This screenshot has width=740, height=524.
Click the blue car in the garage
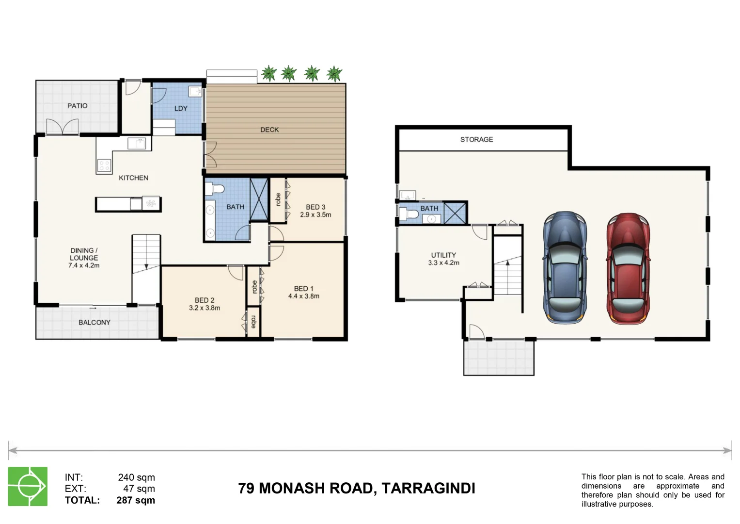tap(565, 267)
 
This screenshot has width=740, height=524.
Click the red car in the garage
tap(628, 268)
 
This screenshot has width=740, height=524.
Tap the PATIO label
tap(78, 106)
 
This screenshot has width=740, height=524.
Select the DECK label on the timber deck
tap(269, 130)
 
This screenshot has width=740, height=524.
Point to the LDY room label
tap(181, 108)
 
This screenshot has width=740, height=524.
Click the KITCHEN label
tap(134, 178)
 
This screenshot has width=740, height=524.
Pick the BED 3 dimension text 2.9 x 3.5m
tap(315, 214)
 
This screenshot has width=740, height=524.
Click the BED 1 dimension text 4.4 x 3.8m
tap(304, 296)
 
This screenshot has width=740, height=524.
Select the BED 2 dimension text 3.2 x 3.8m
tap(205, 308)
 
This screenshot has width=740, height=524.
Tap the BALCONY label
tap(94, 322)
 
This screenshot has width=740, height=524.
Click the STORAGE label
tap(476, 139)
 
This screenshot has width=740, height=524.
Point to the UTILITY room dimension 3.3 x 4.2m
tap(443, 262)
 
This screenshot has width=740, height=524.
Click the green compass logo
tap(28, 486)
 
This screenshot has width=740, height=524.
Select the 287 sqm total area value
tap(136, 500)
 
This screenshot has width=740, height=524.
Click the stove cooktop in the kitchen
tap(104, 166)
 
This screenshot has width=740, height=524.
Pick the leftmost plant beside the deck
tap(269, 74)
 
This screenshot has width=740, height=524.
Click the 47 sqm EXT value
tap(139, 489)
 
